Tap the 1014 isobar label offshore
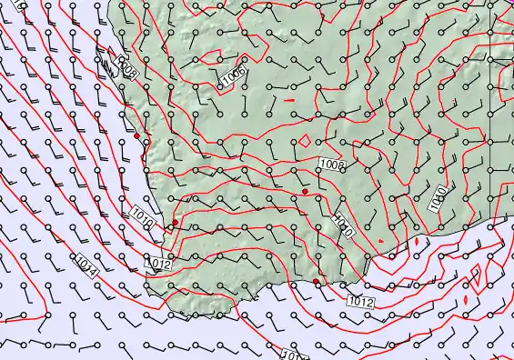coord(87,266)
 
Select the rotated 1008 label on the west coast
coord(127,71)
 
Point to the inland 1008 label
coord(333,165)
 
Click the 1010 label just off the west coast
coord(142,218)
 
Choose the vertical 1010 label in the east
coord(438,197)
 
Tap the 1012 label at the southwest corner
coord(158,265)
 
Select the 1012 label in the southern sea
coord(361,300)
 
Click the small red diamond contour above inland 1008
coord(305,142)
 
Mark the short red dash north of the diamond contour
coord(290,98)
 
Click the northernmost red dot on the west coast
coord(136,136)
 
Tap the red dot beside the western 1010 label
coord(175,222)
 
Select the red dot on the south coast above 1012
coord(317,283)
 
